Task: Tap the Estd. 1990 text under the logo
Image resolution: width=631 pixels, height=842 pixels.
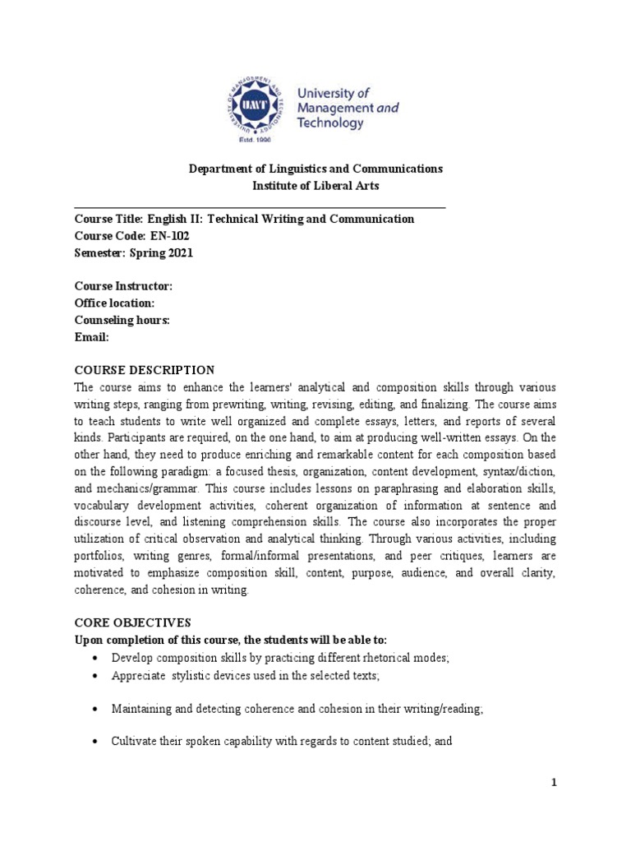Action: [x=258, y=141]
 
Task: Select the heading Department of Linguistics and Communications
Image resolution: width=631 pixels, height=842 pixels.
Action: [x=315, y=169]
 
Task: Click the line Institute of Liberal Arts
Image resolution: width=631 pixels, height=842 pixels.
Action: [x=315, y=186]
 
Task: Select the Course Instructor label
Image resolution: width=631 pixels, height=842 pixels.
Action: [x=123, y=286]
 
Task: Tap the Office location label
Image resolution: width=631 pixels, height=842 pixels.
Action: [x=114, y=303]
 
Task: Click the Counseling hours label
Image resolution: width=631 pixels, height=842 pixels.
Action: [x=122, y=321]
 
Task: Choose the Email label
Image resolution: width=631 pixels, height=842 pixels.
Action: [x=91, y=337]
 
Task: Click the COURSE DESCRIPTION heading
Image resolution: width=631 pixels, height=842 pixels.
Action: [x=145, y=370]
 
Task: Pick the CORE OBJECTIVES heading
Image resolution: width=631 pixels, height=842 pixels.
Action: [x=132, y=623]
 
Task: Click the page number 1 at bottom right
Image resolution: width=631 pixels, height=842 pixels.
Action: [x=554, y=783]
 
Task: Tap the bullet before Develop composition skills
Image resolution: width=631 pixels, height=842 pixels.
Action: [x=96, y=658]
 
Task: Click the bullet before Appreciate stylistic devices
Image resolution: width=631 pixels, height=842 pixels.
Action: [x=96, y=675]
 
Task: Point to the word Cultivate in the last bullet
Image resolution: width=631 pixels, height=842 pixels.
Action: [x=134, y=741]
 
